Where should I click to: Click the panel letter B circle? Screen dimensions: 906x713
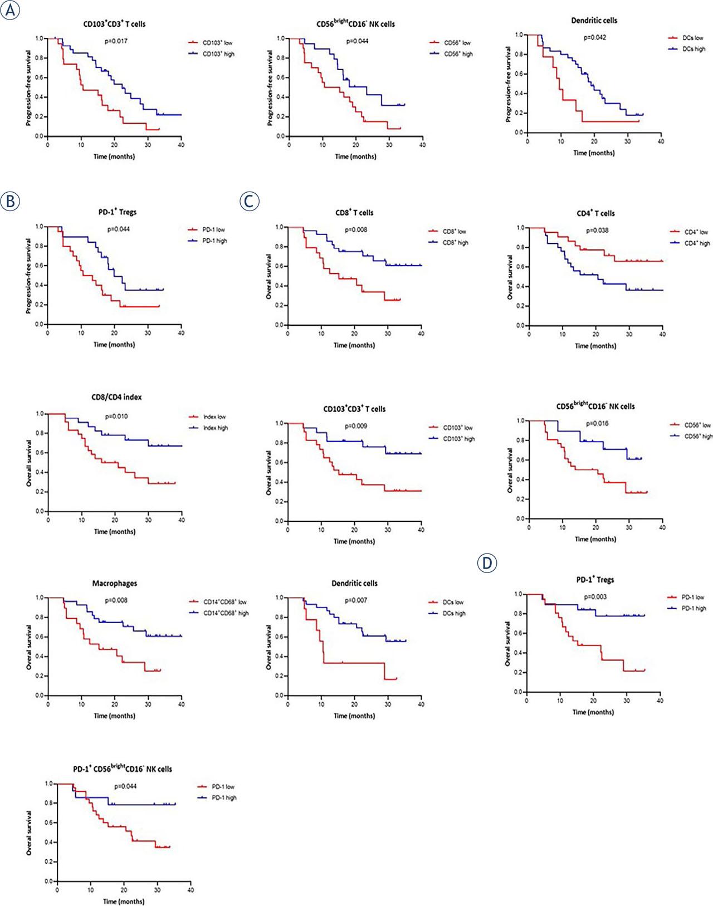[x=10, y=201]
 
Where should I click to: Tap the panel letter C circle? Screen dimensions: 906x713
[x=249, y=201]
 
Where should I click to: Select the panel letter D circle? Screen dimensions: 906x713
[x=487, y=563]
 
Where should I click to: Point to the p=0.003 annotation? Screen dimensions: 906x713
[x=595, y=596]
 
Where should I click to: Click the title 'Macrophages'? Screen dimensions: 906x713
[x=115, y=583]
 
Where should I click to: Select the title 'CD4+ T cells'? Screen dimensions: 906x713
[x=595, y=213]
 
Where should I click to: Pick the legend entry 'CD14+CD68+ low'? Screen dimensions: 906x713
[x=226, y=602]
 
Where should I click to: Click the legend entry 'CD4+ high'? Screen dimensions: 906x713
[x=697, y=243]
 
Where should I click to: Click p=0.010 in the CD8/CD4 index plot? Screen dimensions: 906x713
[x=117, y=416]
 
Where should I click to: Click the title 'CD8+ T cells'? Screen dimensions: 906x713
[x=355, y=213]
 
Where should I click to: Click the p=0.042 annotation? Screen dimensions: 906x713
[x=595, y=37]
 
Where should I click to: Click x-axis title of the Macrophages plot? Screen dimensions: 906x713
[x=114, y=716]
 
